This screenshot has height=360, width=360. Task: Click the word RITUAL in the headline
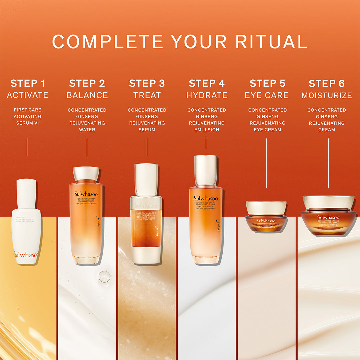[x=271, y=42]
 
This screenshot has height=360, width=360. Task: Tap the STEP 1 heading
[x=28, y=83]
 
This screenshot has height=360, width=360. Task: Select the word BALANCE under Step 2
[x=87, y=95]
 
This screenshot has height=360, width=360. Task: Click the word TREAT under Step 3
[x=147, y=95]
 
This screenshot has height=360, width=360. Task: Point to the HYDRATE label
[x=207, y=95]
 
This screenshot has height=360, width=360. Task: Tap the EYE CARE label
[x=266, y=95]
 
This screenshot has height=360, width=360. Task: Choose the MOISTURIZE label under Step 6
[x=327, y=95]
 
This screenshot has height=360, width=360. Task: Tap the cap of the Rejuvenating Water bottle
[x=86, y=174]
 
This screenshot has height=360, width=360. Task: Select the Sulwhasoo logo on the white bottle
[x=26, y=255]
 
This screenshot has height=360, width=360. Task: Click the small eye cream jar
[x=266, y=217]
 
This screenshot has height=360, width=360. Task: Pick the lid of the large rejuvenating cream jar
[x=328, y=202]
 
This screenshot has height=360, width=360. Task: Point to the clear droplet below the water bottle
[x=104, y=277]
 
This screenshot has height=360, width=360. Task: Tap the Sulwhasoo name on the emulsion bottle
[x=206, y=198]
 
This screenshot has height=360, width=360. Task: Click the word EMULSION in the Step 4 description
[x=207, y=130]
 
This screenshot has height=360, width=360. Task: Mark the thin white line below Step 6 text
[x=328, y=163]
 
